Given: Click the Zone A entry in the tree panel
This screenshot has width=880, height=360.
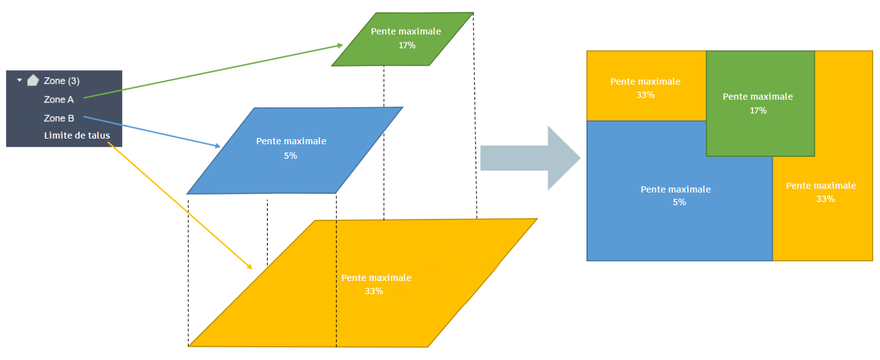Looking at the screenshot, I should click(58, 99).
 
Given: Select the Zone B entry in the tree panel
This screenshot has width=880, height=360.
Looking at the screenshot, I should click(59, 118).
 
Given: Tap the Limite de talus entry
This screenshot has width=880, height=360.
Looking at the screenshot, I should click(77, 135).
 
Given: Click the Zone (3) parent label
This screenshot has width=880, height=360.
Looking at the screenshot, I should click(61, 81).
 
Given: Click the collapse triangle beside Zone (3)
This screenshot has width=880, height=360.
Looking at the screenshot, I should click(19, 80).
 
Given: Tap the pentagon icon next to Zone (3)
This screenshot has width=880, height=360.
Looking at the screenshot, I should click(33, 80).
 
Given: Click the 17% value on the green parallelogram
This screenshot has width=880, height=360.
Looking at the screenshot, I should click(406, 45).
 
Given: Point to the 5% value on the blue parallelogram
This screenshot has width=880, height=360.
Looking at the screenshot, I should click(290, 156).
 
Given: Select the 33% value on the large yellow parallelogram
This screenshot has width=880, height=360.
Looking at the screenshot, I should click(373, 291).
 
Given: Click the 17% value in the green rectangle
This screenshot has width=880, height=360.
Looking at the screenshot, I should click(758, 110).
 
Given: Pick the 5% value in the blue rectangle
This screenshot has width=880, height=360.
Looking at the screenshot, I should click(679, 203).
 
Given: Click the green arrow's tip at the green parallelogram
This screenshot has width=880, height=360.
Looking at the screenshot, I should click(341, 45).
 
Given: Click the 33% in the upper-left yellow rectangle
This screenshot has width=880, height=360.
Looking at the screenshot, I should click(645, 95).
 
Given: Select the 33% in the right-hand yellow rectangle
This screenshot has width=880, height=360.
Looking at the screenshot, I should click(825, 199).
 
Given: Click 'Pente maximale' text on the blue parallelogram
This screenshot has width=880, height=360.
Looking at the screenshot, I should click(291, 141).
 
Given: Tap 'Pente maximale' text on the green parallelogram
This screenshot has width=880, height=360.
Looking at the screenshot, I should click(406, 31).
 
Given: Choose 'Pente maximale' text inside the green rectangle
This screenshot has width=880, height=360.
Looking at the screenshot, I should click(758, 97).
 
